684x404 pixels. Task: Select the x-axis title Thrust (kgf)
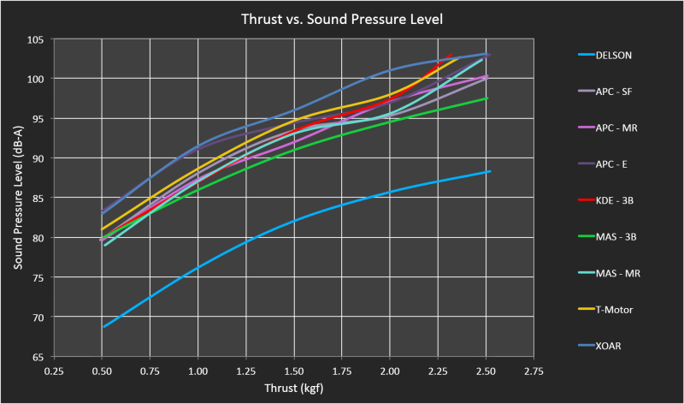pyautogui.click(x=293, y=389)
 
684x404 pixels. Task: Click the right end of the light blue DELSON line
pyautogui.click(x=490, y=171)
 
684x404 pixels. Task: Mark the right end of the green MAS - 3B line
pyautogui.click(x=487, y=98)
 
